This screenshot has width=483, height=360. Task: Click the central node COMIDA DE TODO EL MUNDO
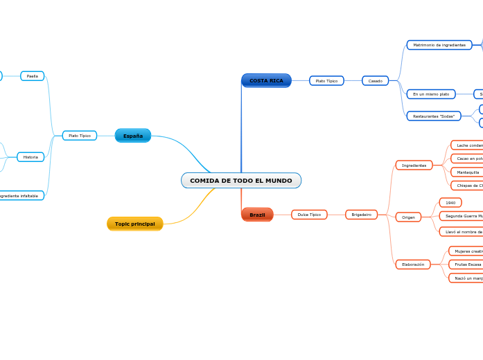(x=241, y=181)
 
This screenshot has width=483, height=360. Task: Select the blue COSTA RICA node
(x=266, y=81)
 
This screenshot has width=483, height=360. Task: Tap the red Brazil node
(x=257, y=215)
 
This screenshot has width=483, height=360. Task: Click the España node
(x=133, y=136)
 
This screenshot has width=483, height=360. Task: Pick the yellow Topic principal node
(x=135, y=224)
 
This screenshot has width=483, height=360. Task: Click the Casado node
(x=375, y=81)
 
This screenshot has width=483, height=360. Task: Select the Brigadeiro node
(x=361, y=215)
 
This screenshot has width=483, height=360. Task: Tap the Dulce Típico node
(x=309, y=215)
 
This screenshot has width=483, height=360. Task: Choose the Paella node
(x=33, y=76)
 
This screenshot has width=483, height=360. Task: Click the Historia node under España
(x=30, y=157)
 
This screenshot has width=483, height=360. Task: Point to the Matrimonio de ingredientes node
(x=439, y=45)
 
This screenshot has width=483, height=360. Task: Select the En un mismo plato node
(x=431, y=94)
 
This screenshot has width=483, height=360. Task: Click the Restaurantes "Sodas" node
(x=434, y=116)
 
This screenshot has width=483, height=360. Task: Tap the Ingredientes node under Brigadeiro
(x=414, y=165)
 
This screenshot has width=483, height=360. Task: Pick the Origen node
(x=408, y=217)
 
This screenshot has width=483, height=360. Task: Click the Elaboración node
(x=413, y=264)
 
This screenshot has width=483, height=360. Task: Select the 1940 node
(x=450, y=203)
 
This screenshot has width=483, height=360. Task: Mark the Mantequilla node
(x=468, y=172)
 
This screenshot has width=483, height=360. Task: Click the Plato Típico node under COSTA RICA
(x=326, y=81)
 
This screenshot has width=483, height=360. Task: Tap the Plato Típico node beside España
(x=80, y=136)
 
